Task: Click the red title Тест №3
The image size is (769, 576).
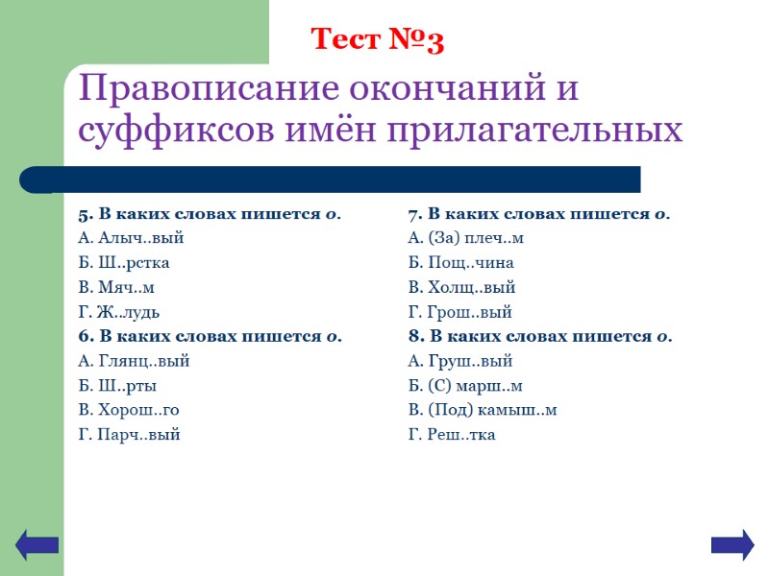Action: [377, 40]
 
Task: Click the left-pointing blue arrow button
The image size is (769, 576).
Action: [37, 545]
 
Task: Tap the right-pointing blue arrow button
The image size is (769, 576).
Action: [732, 545]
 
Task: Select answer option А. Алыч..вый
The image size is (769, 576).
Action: [130, 238]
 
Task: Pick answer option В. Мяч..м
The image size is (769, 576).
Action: [115, 288]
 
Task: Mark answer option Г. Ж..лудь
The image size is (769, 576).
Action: [118, 312]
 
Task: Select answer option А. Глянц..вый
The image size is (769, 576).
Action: [133, 362]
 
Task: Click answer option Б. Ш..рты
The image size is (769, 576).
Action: [116, 386]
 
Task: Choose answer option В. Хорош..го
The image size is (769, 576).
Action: [128, 411]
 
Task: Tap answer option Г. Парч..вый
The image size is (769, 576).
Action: [129, 435]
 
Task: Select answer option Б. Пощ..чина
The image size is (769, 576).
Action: [460, 263]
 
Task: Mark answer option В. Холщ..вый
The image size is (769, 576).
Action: [461, 288]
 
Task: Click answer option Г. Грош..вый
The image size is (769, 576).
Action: [459, 312]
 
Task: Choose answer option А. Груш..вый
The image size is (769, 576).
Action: [459, 362]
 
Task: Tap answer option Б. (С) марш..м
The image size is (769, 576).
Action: [465, 386]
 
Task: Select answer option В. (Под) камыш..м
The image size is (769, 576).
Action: [483, 411]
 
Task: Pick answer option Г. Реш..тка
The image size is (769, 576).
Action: [452, 435]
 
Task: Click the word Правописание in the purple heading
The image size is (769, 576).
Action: [209, 91]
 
